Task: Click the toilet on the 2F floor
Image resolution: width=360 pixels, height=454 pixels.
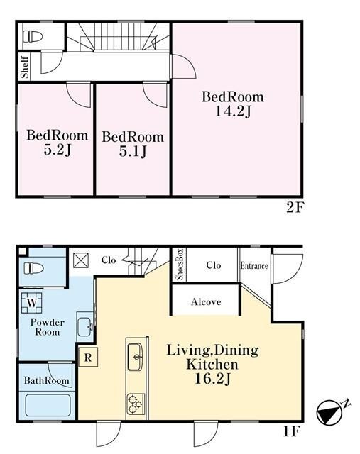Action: tap(33, 36)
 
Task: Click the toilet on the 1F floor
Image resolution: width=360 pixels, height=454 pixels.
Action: tap(33, 268)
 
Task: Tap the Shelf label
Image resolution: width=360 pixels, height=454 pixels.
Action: tap(25, 67)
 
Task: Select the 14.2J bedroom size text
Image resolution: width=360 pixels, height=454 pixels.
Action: tap(233, 111)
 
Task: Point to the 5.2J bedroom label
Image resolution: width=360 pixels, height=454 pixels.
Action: tap(58, 150)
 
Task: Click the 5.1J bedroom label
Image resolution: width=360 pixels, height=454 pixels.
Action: tap(133, 151)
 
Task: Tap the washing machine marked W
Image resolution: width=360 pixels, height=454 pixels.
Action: tap(32, 303)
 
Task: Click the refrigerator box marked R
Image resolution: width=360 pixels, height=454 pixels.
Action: tap(88, 358)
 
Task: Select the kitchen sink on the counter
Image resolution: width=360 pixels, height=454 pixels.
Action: tap(135, 357)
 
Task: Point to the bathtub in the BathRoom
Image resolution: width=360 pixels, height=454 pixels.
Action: tap(48, 405)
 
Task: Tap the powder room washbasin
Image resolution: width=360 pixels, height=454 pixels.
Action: tap(84, 326)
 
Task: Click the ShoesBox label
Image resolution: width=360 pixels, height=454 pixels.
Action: tap(180, 264)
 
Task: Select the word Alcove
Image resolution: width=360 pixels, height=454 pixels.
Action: tap(206, 302)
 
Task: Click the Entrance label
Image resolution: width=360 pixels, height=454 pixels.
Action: tap(254, 266)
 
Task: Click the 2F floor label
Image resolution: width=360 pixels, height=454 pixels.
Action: tap(295, 207)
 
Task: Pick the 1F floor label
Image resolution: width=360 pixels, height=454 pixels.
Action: tap(290, 432)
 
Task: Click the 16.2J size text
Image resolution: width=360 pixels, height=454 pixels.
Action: tap(212, 379)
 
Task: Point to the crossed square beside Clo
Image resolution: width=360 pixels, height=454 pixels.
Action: tap(80, 260)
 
